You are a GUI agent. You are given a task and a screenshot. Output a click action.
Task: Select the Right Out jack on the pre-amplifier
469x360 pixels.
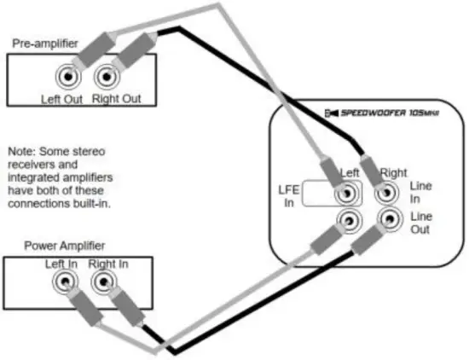click(x=106, y=78)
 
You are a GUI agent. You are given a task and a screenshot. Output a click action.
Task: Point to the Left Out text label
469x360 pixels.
click(x=61, y=98)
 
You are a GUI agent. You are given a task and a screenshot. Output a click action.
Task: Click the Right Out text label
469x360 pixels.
click(x=115, y=98)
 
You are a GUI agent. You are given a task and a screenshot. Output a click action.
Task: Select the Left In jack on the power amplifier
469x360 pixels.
click(x=64, y=281)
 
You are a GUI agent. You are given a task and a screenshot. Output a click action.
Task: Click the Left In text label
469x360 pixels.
click(x=61, y=264)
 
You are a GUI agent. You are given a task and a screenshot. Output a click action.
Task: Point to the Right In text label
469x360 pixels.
click(x=107, y=264)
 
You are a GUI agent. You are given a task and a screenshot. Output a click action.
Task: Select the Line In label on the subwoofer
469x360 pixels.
click(x=421, y=191)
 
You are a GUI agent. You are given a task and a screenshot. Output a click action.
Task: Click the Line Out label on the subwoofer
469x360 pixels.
click(x=421, y=222)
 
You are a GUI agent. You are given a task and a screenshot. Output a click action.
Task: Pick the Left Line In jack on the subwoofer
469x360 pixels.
click(x=347, y=195)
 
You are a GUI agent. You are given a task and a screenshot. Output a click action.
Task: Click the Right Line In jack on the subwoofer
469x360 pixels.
click(x=389, y=195)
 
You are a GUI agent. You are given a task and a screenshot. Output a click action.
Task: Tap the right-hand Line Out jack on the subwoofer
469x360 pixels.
click(x=389, y=221)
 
